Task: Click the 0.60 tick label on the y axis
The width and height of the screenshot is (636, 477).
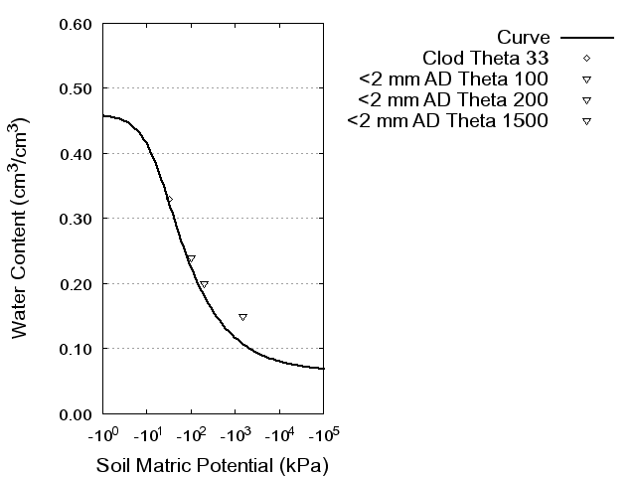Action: (x=78, y=24)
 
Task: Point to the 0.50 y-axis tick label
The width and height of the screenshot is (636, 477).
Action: (x=78, y=88)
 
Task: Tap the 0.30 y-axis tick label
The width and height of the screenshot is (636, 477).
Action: (x=78, y=219)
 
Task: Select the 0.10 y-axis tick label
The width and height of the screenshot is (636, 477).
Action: (x=78, y=349)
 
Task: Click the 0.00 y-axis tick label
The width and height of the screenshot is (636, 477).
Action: (x=78, y=413)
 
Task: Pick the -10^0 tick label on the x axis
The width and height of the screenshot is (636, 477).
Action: (x=103, y=434)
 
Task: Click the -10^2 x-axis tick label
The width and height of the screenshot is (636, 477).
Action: (x=192, y=434)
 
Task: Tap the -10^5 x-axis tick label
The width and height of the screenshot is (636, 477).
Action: (x=324, y=434)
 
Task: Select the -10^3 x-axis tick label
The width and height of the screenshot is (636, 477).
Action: (x=236, y=434)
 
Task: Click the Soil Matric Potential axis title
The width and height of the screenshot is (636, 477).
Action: (x=212, y=465)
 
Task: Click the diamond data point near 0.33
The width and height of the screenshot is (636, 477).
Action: (x=169, y=200)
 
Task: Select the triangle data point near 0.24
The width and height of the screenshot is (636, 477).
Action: (x=191, y=258)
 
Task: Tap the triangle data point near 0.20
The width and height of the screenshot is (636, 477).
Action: (x=204, y=284)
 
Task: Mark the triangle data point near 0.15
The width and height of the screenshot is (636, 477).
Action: (x=242, y=317)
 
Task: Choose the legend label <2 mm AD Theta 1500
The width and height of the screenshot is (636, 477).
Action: (x=448, y=121)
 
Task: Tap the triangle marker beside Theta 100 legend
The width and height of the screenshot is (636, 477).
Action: (x=586, y=79)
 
